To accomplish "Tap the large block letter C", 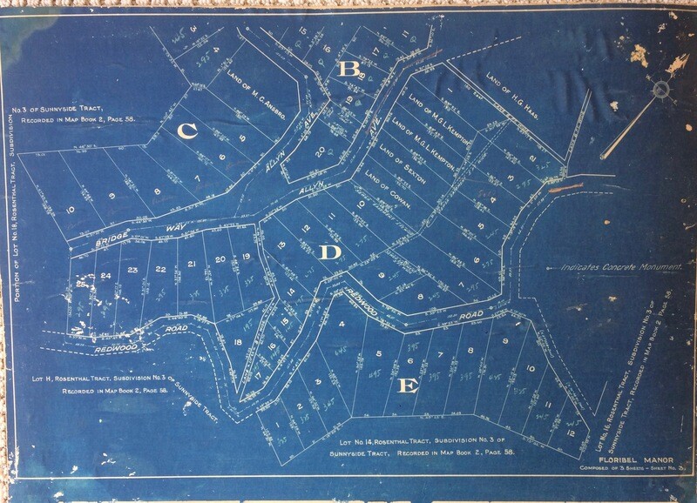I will pos(185,131).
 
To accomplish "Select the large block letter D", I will pos(329,252).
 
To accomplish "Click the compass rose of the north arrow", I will pos(660,88).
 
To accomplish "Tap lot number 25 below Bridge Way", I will pos(81,282).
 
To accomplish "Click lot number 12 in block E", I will pos(568,432).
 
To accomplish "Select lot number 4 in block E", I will pos(342,325).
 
